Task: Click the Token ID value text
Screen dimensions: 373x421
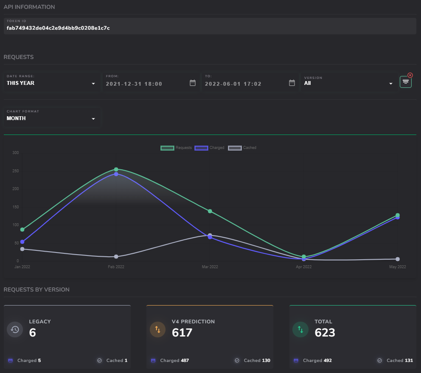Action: tap(58, 28)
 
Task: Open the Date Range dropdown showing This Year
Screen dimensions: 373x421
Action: tap(51, 83)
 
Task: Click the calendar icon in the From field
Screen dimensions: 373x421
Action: tap(193, 83)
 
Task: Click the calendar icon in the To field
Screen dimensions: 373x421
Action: tap(292, 83)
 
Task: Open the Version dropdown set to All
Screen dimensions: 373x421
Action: tap(348, 83)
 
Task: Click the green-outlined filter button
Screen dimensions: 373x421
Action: tap(406, 81)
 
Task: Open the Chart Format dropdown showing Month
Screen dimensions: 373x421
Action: tap(51, 118)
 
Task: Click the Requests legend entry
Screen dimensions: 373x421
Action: tap(176, 148)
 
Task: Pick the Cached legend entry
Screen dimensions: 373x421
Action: tap(243, 148)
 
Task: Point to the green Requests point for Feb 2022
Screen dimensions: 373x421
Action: tap(116, 169)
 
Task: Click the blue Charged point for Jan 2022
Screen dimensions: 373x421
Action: tap(22, 242)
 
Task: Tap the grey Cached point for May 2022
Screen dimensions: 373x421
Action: tap(398, 259)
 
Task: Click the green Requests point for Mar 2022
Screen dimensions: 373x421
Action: tap(210, 211)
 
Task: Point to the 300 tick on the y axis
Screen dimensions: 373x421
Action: tap(15, 153)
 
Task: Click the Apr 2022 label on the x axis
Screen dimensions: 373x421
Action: tap(303, 267)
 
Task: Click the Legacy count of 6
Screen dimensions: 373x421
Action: tap(32, 333)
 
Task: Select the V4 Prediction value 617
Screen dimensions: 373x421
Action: tap(182, 333)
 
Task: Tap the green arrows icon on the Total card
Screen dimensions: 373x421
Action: tap(300, 329)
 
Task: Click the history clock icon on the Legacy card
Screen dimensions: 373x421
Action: tap(15, 329)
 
